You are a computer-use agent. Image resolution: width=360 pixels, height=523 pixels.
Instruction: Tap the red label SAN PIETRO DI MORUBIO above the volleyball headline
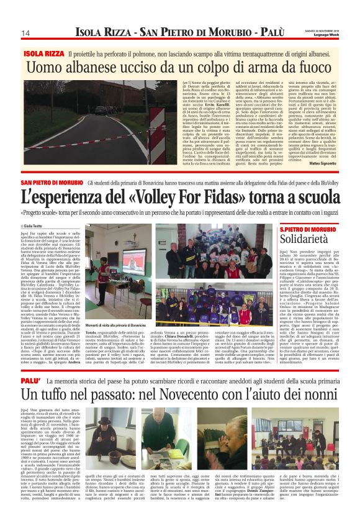(x=51, y=182)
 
